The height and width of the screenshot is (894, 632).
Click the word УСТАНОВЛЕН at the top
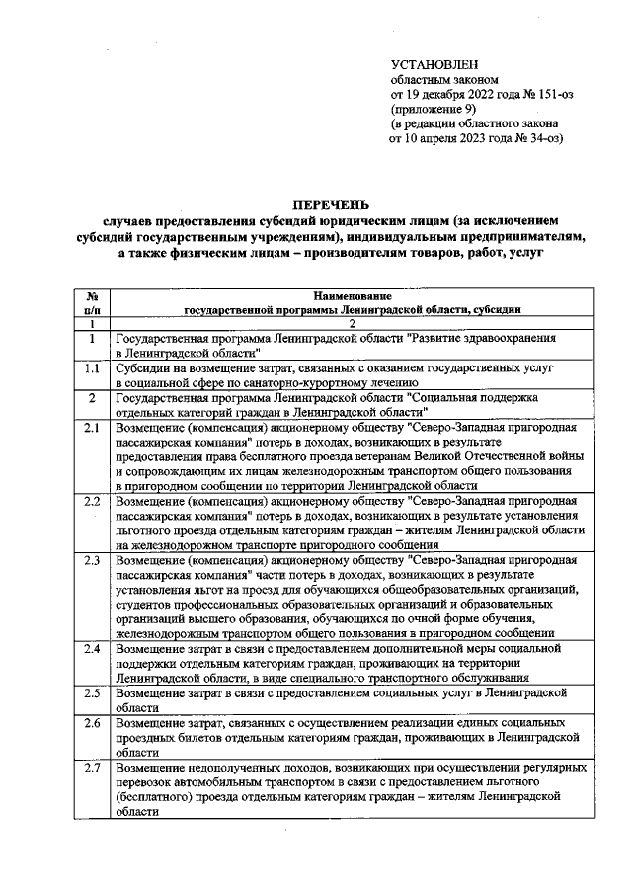pyautogui.click(x=434, y=63)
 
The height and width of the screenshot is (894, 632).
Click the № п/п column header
pyautogui.click(x=92, y=302)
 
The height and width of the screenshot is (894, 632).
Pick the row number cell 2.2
pyautogui.click(x=92, y=501)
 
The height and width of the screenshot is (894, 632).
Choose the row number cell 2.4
pyautogui.click(x=92, y=648)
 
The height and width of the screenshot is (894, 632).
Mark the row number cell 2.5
pyautogui.click(x=92, y=692)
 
